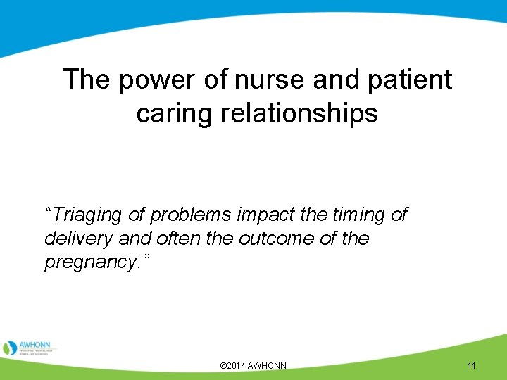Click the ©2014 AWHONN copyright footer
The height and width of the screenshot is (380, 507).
(x=254, y=366)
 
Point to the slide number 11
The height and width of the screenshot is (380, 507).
(x=471, y=366)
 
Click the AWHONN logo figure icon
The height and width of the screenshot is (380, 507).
(x=10, y=348)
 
